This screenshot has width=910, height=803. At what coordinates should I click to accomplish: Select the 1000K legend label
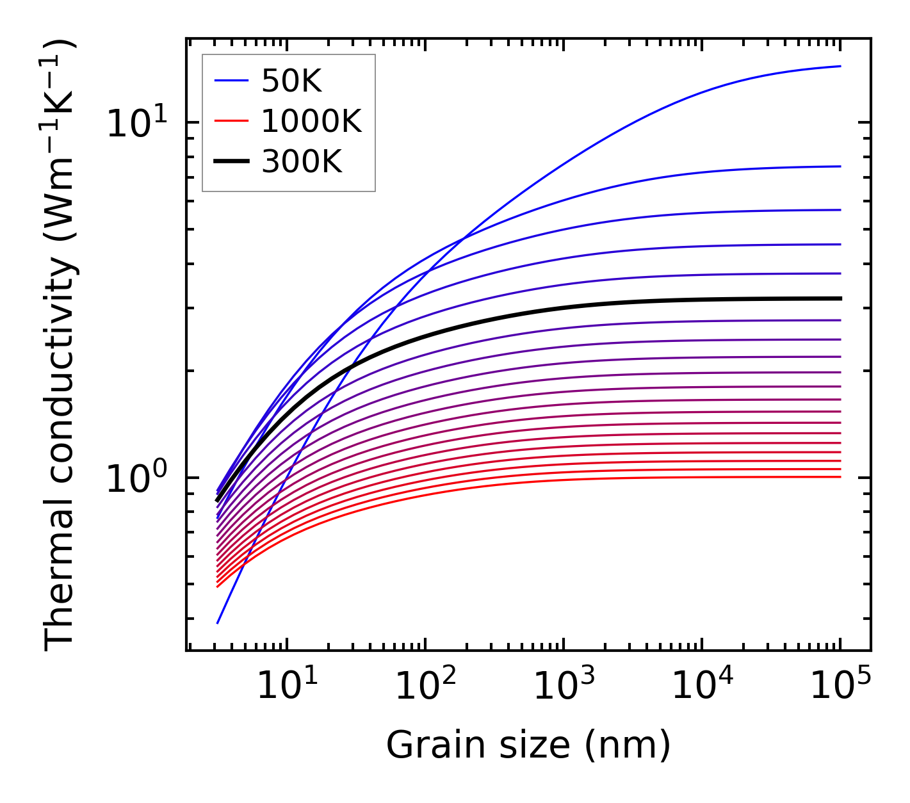click(x=311, y=121)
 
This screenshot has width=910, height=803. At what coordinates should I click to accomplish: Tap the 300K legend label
click(x=302, y=162)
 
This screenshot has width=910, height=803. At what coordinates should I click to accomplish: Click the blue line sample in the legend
click(x=231, y=81)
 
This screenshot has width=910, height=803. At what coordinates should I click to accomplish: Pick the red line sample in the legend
click(x=231, y=121)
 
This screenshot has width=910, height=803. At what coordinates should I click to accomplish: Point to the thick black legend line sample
click(x=231, y=162)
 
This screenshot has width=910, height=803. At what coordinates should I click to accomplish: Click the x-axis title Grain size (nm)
click(x=528, y=745)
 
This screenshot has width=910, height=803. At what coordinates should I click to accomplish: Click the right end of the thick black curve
click(x=840, y=298)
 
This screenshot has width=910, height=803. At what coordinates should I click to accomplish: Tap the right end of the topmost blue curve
click(x=840, y=66)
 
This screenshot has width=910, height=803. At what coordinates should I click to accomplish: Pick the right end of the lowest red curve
click(x=840, y=476)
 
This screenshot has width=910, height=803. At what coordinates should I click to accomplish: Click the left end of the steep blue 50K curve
click(x=218, y=622)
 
